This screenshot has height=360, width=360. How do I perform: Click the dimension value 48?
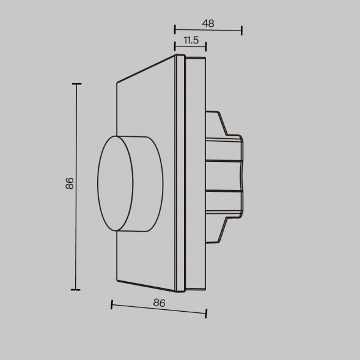208,23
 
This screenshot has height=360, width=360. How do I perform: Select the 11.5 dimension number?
191,40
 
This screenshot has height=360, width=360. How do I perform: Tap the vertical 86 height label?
70,184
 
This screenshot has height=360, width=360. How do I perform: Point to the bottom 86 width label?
159,302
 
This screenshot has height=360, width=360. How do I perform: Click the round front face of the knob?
115,183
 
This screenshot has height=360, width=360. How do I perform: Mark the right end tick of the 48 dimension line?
241,30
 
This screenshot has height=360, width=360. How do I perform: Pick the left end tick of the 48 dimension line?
175,30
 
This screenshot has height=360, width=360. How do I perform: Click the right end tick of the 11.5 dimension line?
206,46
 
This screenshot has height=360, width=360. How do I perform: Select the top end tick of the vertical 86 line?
76,84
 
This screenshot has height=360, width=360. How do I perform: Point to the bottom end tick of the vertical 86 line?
76,290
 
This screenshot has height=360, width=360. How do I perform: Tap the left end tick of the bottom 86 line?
112,304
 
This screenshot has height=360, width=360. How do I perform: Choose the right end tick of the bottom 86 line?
206,313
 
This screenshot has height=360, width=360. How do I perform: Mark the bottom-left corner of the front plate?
116,282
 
